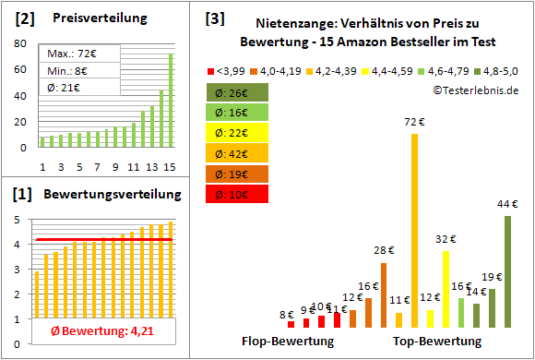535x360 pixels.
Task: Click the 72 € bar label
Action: point(414,121)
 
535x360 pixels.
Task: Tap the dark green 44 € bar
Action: point(507,271)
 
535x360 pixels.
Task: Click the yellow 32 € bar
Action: point(446,289)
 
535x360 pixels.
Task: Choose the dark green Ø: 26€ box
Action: point(238,92)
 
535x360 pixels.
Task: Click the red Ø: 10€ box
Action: point(238,194)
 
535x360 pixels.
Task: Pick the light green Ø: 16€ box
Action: point(238,113)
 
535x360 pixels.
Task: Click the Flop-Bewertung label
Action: point(288,342)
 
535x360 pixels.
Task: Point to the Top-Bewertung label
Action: point(437,342)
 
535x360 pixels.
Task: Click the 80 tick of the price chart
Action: point(21,43)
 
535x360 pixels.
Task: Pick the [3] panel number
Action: point(214,18)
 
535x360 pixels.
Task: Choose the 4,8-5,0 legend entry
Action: point(499,69)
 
